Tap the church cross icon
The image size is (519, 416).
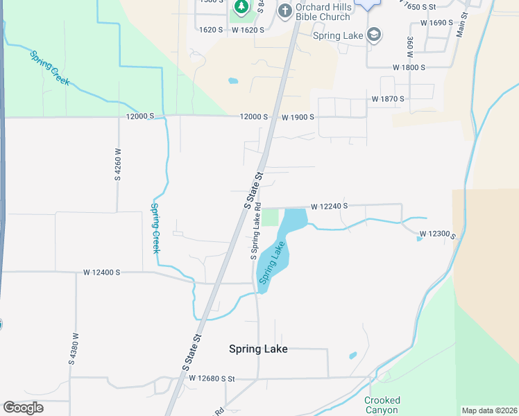tap(284, 11)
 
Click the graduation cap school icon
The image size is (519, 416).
tap(374, 35)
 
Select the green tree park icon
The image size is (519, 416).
tap(241, 8)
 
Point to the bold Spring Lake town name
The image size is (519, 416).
tap(258, 349)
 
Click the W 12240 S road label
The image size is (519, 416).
tap(329, 207)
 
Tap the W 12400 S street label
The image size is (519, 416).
tap(102, 273)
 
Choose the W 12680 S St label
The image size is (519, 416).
tap(207, 379)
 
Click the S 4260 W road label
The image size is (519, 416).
tap(118, 164)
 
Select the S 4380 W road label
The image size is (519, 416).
tap(72, 348)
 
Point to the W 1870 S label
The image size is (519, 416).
tap(388, 99)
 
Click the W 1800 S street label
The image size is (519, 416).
tap(409, 68)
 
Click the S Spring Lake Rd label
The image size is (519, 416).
tap(256, 231)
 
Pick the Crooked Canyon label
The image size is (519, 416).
tap(382, 405)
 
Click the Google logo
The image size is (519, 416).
tap(23, 408)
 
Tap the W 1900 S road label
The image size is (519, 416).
tap(299, 117)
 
